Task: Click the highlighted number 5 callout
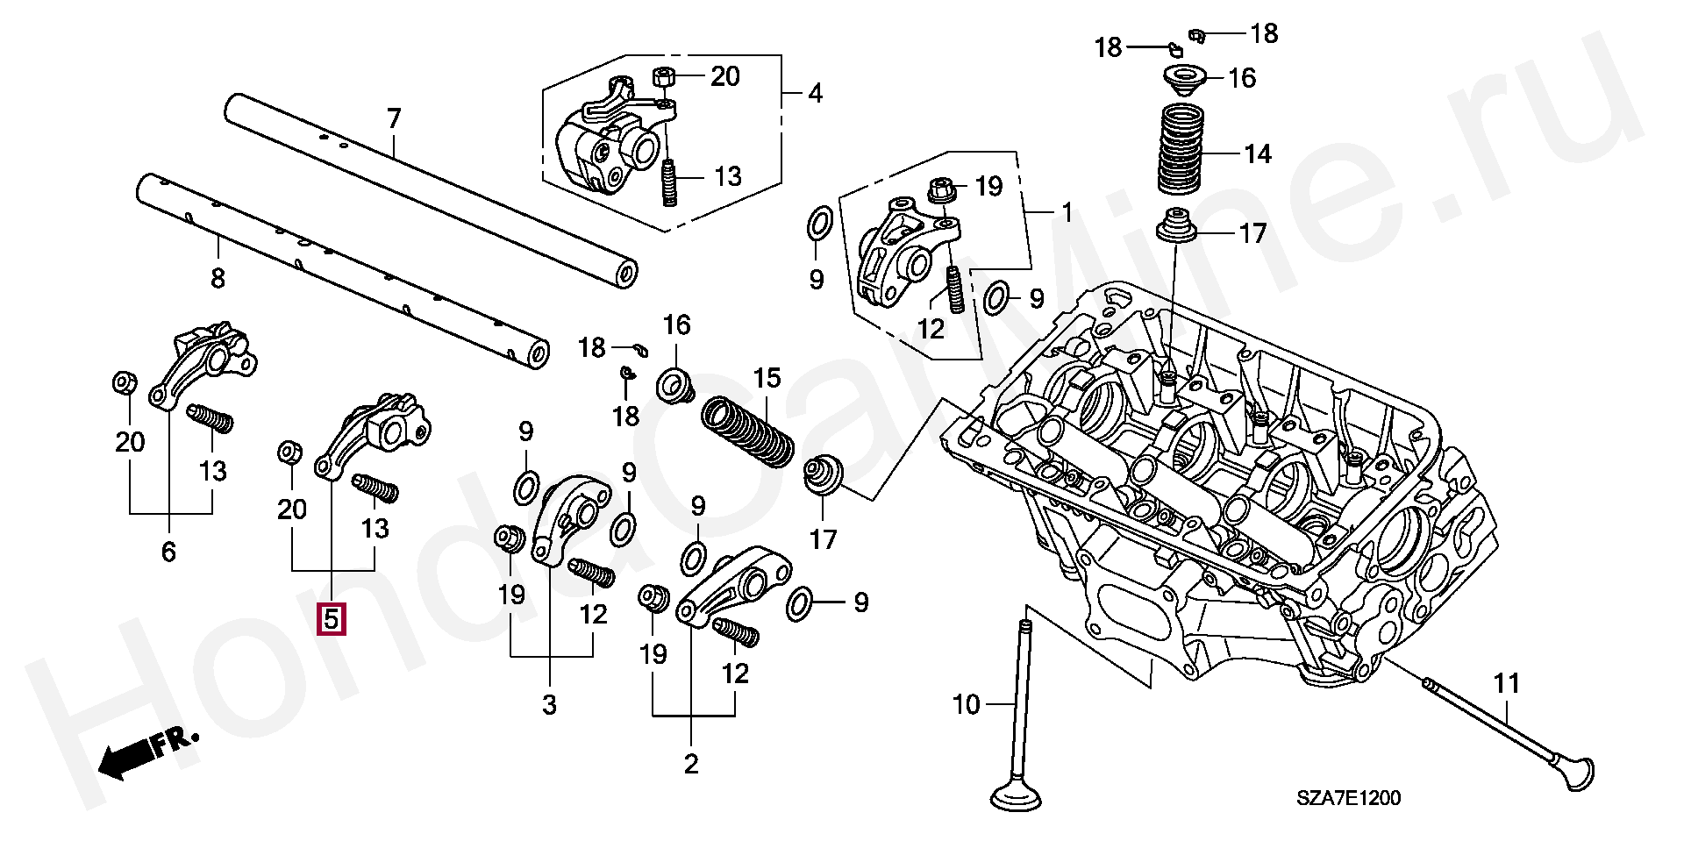(332, 619)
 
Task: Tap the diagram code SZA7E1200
(1349, 798)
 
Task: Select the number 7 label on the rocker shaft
(394, 118)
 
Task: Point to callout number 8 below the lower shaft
(218, 279)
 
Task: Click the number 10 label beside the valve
(967, 704)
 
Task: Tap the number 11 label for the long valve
(1506, 683)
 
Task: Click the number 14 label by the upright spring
(1258, 154)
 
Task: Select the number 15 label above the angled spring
(767, 378)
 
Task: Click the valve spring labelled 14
(1181, 149)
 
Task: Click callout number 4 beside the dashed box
(816, 93)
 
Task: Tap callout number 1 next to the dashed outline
(1067, 212)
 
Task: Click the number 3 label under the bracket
(549, 704)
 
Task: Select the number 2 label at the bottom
(691, 764)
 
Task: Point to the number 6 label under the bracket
(168, 552)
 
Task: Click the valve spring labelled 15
(747, 431)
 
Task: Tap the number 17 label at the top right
(1252, 233)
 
